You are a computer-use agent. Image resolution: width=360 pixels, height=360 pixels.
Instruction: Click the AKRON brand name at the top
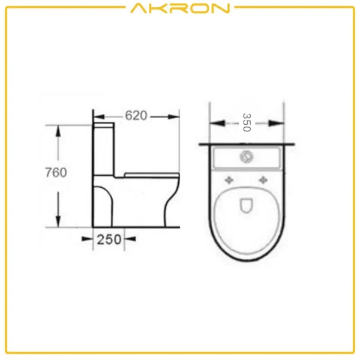(179, 8)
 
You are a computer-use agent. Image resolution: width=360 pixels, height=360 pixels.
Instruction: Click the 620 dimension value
(137, 116)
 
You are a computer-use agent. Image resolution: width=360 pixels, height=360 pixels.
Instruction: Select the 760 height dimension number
(55, 173)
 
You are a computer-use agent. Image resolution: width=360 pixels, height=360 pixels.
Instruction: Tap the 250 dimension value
(110, 239)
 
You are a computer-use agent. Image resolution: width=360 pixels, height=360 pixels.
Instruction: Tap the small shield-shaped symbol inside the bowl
(247, 206)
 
